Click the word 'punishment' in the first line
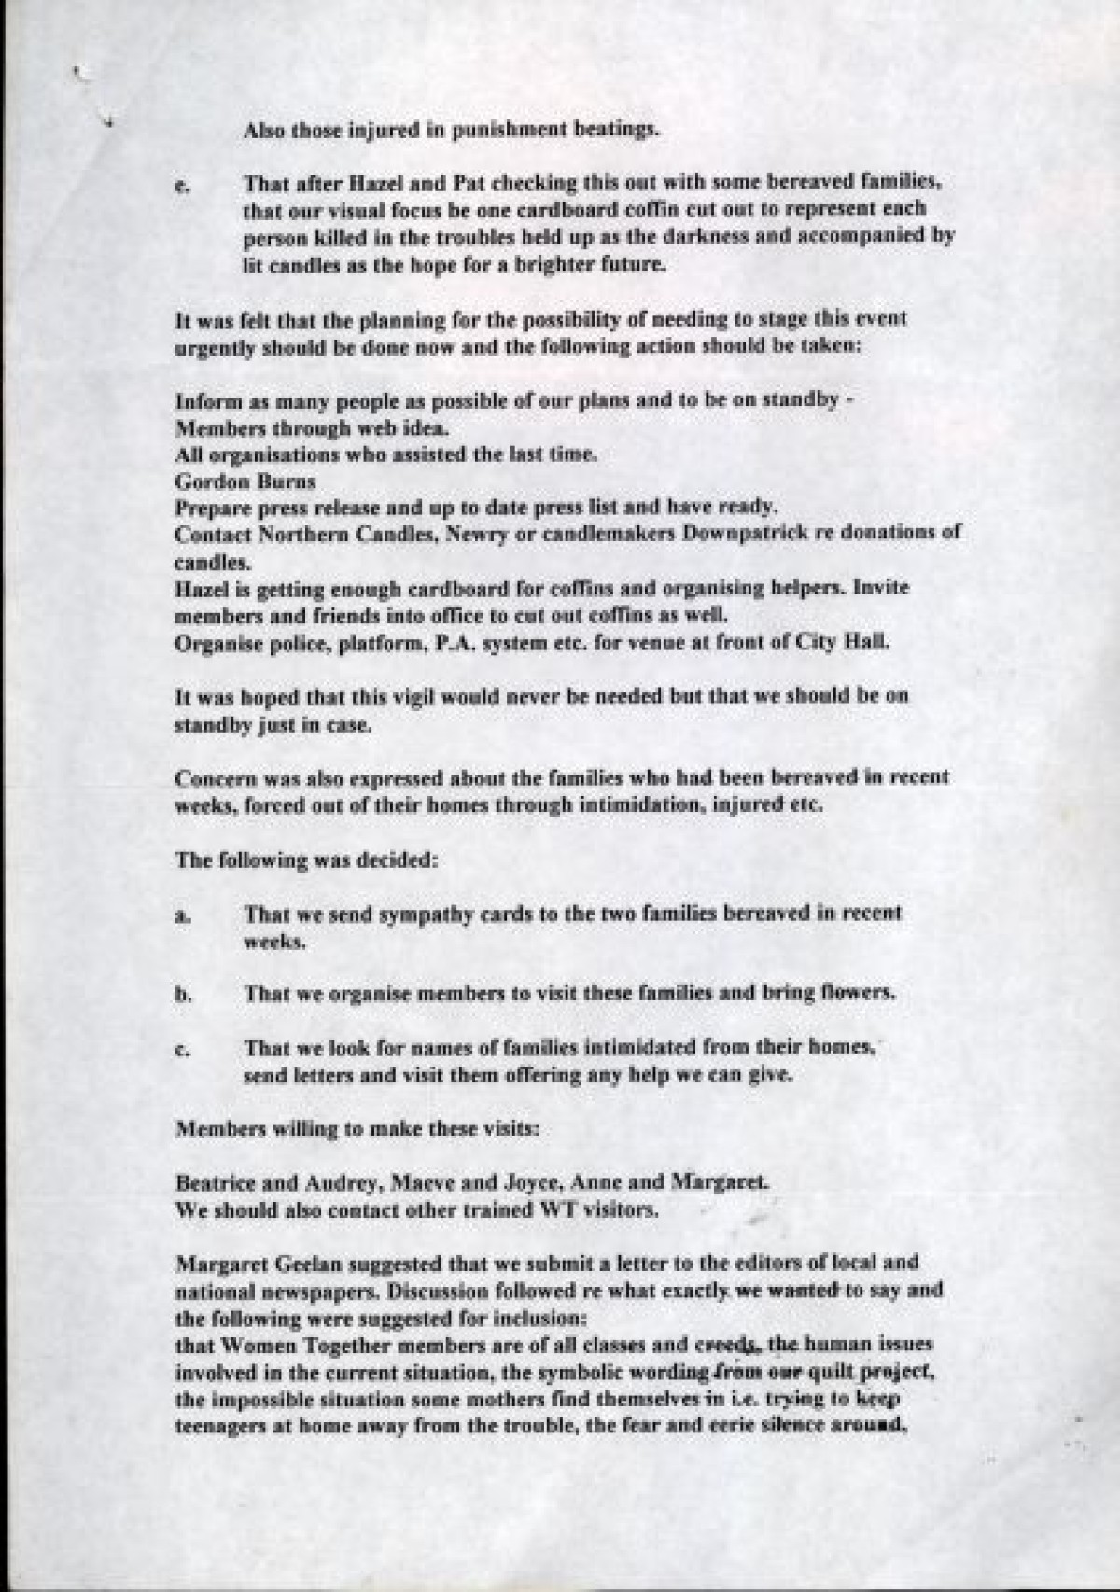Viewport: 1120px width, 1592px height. click(504, 131)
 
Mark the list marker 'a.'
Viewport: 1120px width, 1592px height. click(182, 916)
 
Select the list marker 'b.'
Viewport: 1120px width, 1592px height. click(182, 995)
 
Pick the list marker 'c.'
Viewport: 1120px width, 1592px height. click(182, 1050)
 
